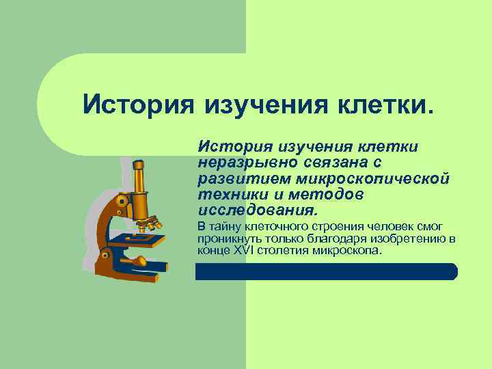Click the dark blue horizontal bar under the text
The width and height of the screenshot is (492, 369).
(x=326, y=271)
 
